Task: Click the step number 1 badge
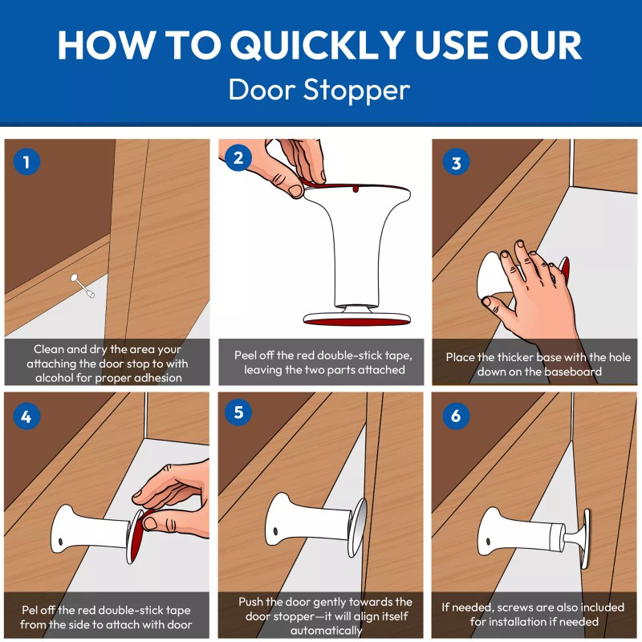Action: point(26,163)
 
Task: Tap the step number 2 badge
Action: point(238,157)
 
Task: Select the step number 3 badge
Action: point(457,163)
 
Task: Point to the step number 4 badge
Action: point(26,416)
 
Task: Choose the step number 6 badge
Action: point(457,416)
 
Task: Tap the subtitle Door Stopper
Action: point(319,90)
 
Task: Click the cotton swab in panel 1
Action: point(83,286)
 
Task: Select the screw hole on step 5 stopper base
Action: point(274,531)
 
